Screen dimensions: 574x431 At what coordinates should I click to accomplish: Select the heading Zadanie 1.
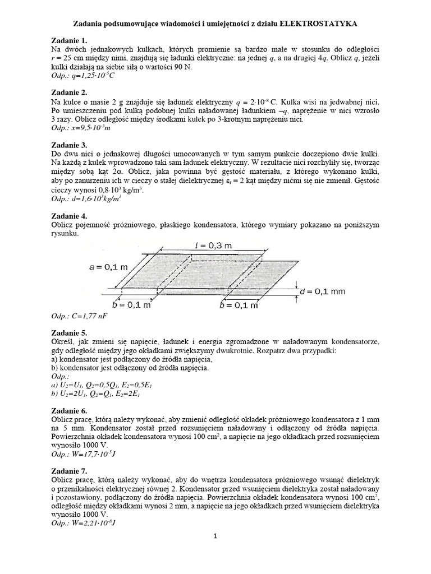click(x=68, y=41)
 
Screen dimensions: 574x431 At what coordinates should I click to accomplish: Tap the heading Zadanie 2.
click(x=68, y=92)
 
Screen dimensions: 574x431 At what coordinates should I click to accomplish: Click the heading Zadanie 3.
click(x=68, y=144)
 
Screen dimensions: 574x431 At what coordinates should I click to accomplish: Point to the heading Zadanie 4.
click(x=68, y=215)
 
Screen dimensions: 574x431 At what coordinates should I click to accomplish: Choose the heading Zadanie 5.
click(x=68, y=332)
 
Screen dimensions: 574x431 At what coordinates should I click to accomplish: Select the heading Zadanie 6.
click(x=68, y=411)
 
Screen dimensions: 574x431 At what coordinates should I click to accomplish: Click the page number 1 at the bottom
click(x=215, y=536)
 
